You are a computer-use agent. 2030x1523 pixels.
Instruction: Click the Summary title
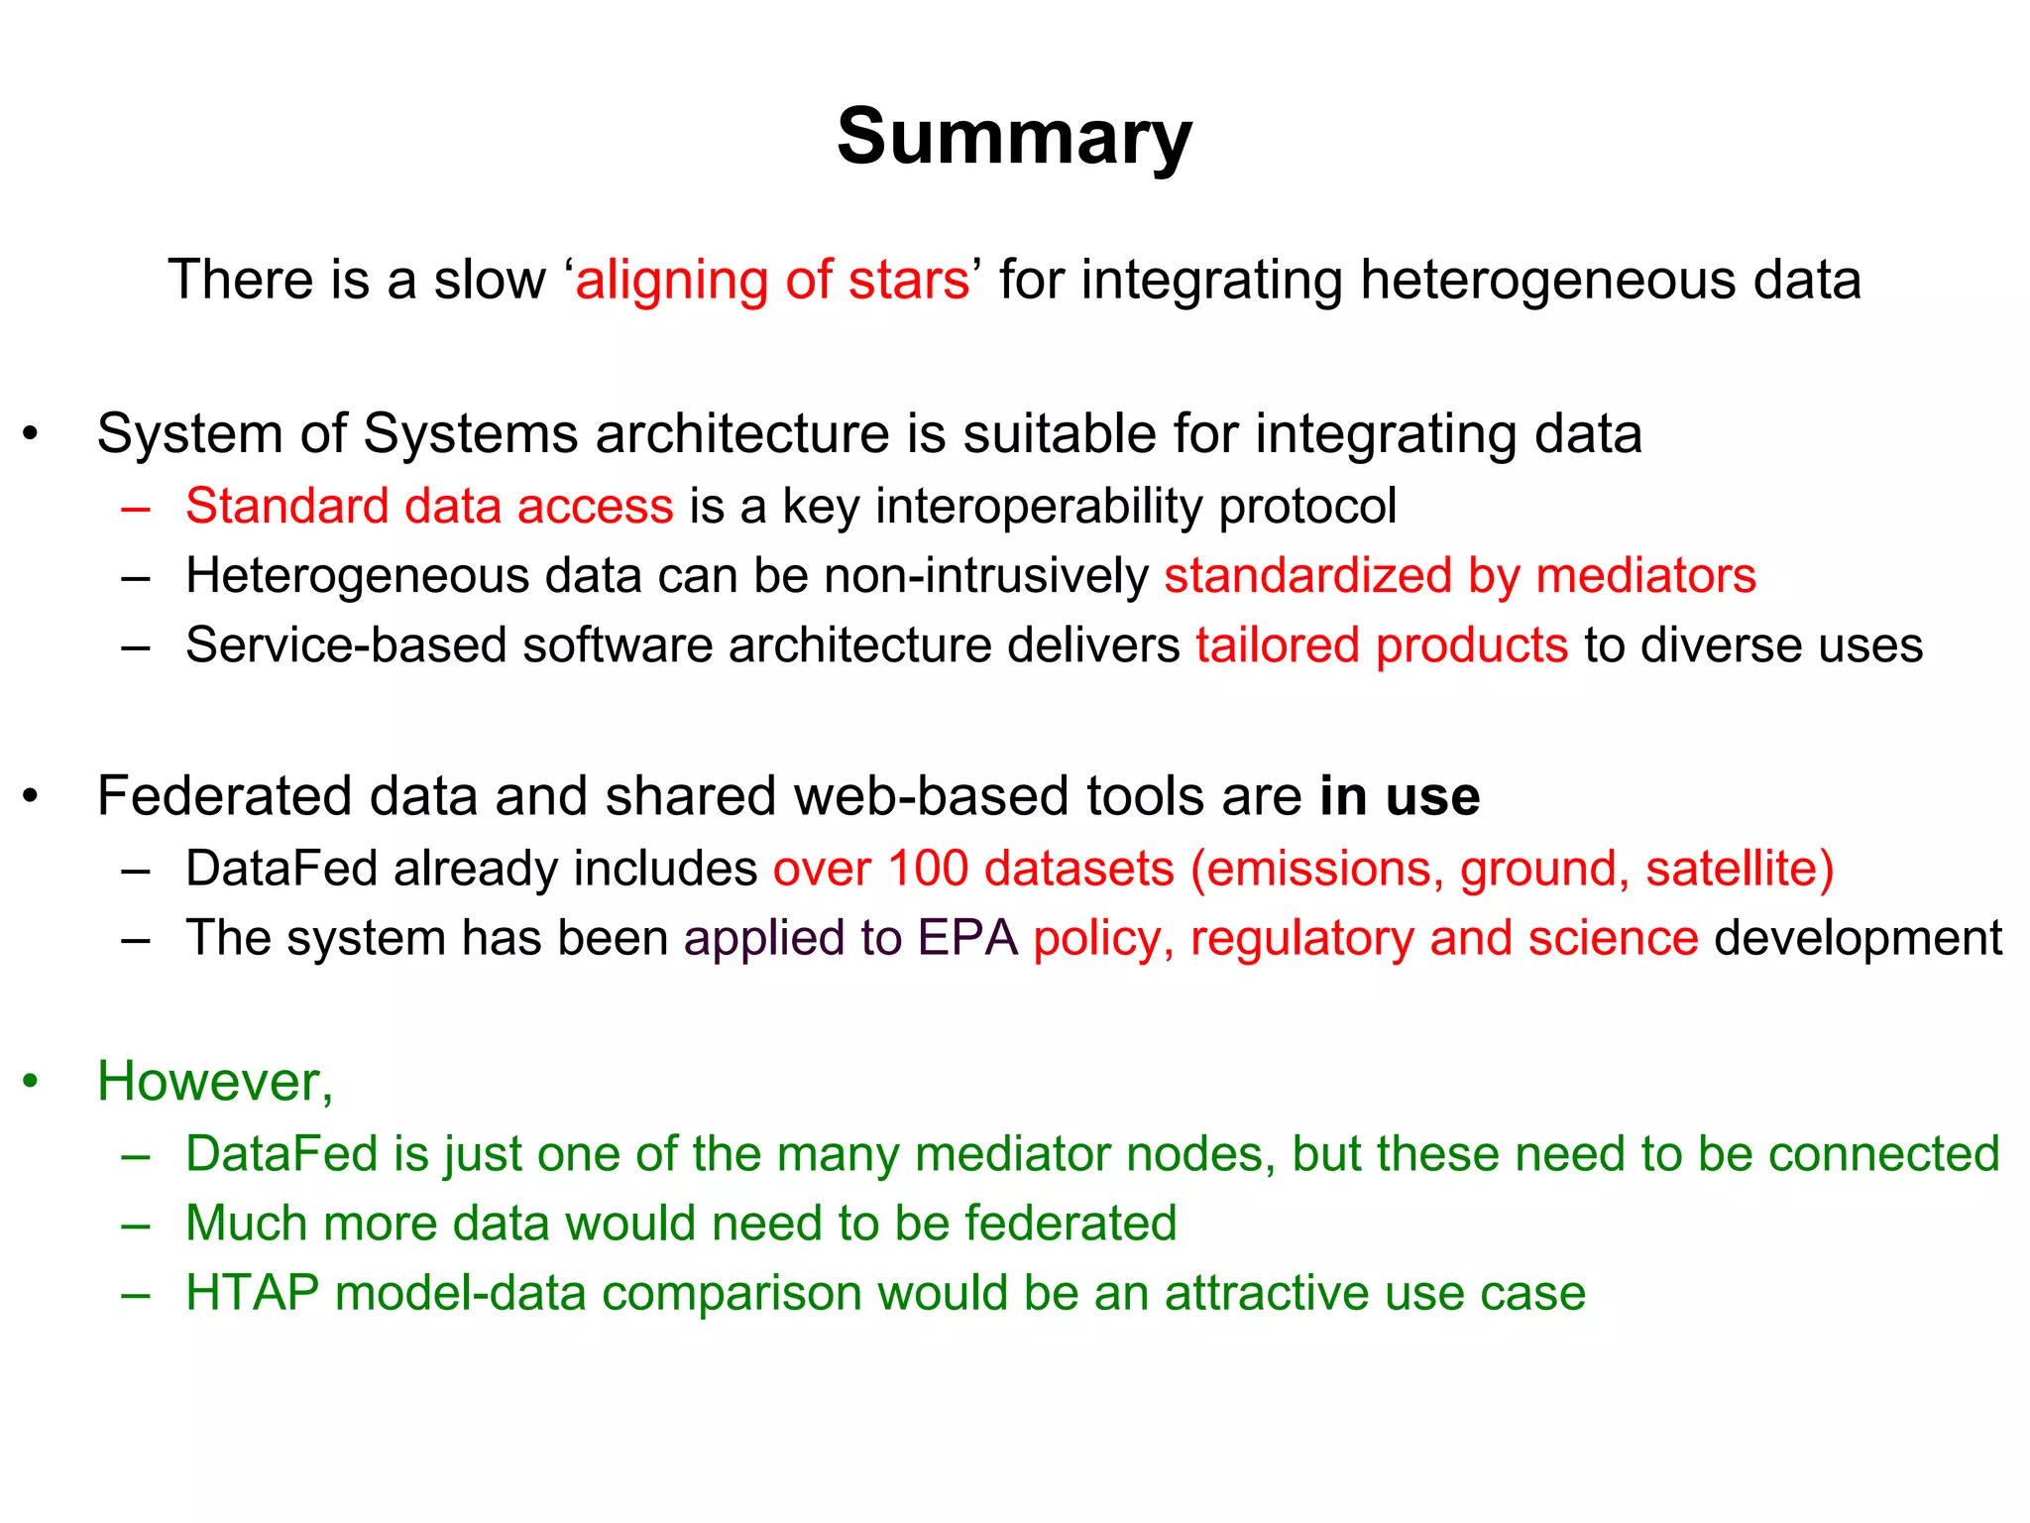(x=1014, y=138)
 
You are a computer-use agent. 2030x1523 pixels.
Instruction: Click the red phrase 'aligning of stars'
(x=772, y=280)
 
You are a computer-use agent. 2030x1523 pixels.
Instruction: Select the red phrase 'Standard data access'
(x=429, y=506)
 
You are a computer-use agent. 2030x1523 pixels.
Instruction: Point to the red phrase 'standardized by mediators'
(x=1459, y=575)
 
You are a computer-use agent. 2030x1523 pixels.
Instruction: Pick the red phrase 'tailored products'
(x=1382, y=644)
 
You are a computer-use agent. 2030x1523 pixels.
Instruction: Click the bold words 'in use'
(x=1399, y=795)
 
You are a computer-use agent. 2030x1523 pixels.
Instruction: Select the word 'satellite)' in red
(x=1740, y=868)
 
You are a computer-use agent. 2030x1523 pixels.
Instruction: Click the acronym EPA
(x=967, y=937)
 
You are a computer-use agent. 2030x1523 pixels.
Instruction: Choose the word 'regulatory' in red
(x=1301, y=937)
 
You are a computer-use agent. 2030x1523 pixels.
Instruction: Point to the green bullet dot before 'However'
(x=32, y=1081)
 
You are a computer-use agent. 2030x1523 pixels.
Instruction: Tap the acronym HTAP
(x=252, y=1293)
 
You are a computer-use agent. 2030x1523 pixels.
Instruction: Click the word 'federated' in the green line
(x=1071, y=1223)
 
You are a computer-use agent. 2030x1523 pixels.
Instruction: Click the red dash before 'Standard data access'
(x=135, y=508)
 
